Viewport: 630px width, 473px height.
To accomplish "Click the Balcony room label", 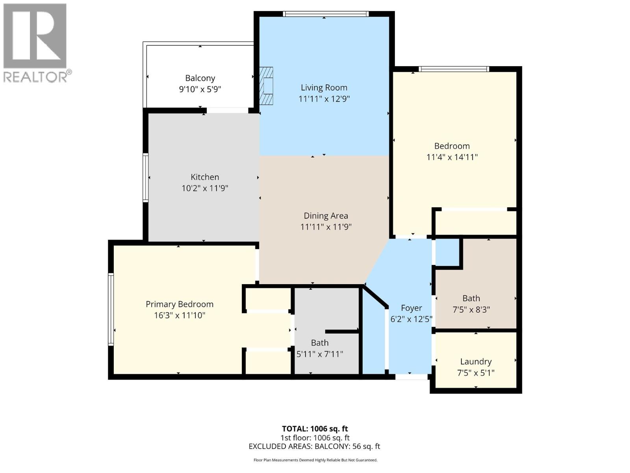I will (200, 78).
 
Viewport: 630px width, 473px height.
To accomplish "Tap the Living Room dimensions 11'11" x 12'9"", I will (324, 99).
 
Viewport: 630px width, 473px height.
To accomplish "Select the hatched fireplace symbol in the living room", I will (267, 86).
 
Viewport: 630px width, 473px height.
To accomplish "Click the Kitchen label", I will (205, 177).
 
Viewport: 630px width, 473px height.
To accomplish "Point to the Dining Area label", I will (326, 216).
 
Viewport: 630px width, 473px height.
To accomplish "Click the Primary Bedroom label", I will (180, 304).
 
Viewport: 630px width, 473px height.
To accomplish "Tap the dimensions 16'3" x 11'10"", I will (180, 315).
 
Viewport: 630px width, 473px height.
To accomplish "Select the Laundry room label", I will (476, 361).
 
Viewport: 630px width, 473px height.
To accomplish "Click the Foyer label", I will (411, 308).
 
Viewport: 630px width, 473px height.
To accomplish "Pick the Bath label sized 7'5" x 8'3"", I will (471, 298).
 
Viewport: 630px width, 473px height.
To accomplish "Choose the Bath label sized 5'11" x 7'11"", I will (319, 343).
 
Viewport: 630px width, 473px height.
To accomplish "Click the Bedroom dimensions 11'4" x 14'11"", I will (452, 157).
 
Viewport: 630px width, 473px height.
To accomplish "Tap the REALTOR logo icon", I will (35, 36).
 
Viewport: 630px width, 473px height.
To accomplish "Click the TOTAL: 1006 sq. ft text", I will (315, 428).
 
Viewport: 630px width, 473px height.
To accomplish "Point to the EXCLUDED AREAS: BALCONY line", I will (314, 446).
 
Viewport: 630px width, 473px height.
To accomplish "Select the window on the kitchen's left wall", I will (145, 178).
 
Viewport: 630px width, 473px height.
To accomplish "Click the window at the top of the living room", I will (326, 14).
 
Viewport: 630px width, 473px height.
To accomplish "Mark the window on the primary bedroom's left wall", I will (111, 309).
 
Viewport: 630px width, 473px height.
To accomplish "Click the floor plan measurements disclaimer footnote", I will (315, 460).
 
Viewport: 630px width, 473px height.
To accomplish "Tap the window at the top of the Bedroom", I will (454, 69).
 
